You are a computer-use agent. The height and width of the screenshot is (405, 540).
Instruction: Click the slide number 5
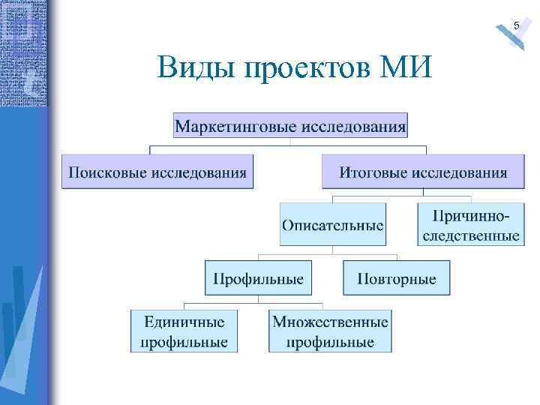pyautogui.click(x=516, y=27)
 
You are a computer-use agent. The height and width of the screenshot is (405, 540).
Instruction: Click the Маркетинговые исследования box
pyautogui.click(x=291, y=124)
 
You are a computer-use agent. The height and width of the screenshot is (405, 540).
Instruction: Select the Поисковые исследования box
pyautogui.click(x=157, y=172)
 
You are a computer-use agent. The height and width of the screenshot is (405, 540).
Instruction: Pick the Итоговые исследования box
pyautogui.click(x=423, y=172)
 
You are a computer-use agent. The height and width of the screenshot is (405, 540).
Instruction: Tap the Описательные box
pyautogui.click(x=333, y=224)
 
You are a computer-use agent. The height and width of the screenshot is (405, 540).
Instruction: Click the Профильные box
pyautogui.click(x=258, y=278)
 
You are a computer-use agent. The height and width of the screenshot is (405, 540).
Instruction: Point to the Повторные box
pyautogui.click(x=396, y=278)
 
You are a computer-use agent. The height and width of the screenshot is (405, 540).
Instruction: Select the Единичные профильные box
pyautogui.click(x=184, y=331)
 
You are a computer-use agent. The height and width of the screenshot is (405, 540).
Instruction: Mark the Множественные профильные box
pyautogui.click(x=330, y=331)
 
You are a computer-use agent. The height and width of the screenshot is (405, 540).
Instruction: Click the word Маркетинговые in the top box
pyautogui.click(x=236, y=124)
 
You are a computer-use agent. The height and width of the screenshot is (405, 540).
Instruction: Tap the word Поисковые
pyautogui.click(x=107, y=172)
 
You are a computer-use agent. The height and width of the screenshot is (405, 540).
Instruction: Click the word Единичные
pyautogui.click(x=184, y=322)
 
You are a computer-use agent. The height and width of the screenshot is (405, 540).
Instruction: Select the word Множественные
pyautogui.click(x=330, y=322)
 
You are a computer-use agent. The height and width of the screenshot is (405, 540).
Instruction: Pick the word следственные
pyautogui.click(x=470, y=235)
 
